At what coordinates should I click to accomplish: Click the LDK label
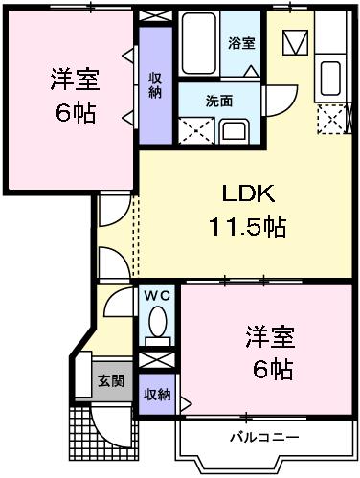[x=248, y=193]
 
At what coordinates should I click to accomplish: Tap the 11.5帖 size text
[x=247, y=226]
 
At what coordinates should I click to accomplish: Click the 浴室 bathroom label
[x=241, y=43]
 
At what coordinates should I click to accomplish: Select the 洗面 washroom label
[x=219, y=101]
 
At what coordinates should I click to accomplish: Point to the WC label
[x=157, y=296]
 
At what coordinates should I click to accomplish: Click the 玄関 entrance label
[x=111, y=381]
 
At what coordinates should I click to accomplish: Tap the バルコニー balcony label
[x=264, y=437]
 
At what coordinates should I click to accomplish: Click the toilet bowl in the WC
[x=157, y=321]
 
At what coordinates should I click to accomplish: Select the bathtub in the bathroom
[x=198, y=43]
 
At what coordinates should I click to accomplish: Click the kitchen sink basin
[x=330, y=79]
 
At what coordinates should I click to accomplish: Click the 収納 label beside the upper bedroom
[x=155, y=85]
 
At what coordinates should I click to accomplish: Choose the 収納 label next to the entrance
[x=157, y=395]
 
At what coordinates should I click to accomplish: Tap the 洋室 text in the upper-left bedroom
[x=75, y=80]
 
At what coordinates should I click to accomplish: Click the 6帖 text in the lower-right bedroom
[x=273, y=369]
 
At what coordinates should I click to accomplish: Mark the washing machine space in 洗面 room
[x=196, y=131]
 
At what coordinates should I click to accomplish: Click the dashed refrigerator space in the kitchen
[x=331, y=119]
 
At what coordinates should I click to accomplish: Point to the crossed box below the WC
[x=157, y=360]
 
